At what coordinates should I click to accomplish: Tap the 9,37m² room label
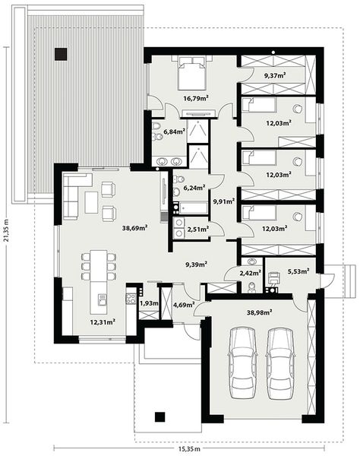(274, 75)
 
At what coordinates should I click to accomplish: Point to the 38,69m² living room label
(135, 226)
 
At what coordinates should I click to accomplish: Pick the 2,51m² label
(198, 228)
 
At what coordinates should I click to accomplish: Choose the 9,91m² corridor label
(223, 201)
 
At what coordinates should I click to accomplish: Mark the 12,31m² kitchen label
(103, 321)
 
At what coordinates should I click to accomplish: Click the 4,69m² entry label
(184, 305)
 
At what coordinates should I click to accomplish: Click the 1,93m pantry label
(148, 303)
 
